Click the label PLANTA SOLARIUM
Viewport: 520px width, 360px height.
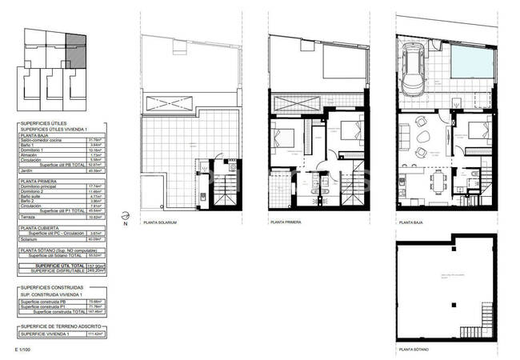[x=159, y=222]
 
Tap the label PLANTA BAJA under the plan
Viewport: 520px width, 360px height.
[x=412, y=222]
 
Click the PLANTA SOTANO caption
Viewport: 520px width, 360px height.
[x=414, y=350]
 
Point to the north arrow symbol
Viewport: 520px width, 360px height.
[x=123, y=216]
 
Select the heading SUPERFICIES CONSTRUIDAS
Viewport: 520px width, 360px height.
[x=52, y=288]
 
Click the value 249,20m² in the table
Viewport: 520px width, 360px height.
[x=95, y=271]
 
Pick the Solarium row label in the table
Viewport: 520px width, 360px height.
[x=30, y=238]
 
